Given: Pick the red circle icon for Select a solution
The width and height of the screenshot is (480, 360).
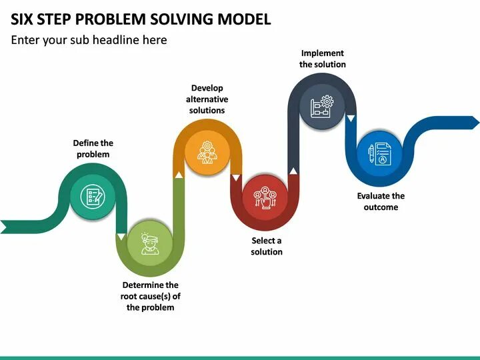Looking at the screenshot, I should [x=265, y=197].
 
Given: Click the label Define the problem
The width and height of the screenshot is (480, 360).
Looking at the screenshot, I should [x=93, y=149].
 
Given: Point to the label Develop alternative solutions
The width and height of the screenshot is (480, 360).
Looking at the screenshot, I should [x=207, y=99].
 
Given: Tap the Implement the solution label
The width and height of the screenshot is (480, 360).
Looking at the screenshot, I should [x=323, y=59].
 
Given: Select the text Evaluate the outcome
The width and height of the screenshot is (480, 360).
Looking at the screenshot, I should [x=381, y=201].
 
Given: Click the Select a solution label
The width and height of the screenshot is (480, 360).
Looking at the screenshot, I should [x=267, y=246].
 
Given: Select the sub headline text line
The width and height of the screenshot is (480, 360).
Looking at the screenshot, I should [x=89, y=40].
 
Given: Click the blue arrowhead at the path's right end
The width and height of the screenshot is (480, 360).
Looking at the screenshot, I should [x=474, y=122].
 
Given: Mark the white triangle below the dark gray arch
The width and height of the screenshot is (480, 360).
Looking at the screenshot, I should [x=351, y=119].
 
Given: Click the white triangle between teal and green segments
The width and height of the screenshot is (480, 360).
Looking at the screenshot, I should [x=121, y=237].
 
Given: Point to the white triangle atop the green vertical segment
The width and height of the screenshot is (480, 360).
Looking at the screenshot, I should [x=178, y=175].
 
